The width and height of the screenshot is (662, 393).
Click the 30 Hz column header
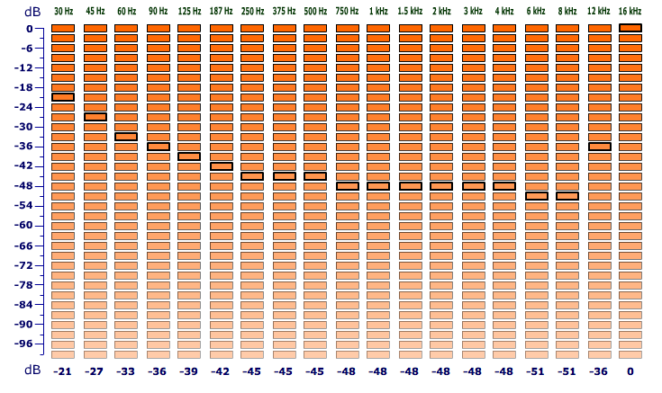[x=63, y=11]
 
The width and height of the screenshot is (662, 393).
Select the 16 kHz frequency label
[x=630, y=11]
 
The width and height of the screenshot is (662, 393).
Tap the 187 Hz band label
[x=221, y=11]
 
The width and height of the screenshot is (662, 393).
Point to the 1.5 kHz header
[x=410, y=11]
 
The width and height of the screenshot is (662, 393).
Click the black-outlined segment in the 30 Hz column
[x=63, y=97]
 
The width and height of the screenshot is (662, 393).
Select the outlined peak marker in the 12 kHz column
[x=599, y=147]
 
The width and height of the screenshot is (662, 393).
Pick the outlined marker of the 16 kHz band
[x=630, y=28]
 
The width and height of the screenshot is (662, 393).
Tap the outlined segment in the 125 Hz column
[x=189, y=156]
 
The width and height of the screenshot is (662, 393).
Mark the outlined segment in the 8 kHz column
[x=567, y=196]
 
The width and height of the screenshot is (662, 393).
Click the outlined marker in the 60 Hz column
[x=126, y=137]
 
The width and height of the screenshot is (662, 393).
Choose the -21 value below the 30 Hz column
[x=62, y=371]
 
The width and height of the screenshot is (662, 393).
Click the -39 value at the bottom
[x=188, y=371]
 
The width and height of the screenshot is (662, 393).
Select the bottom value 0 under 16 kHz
[x=630, y=371]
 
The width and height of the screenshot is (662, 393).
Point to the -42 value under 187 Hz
[x=220, y=371]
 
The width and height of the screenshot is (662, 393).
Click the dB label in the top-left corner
[x=32, y=11]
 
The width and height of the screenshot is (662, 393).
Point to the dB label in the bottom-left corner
[x=32, y=371]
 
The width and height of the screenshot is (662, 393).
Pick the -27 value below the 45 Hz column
[x=94, y=371]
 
